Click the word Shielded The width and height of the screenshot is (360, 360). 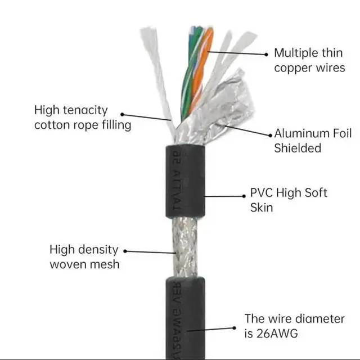(297, 148)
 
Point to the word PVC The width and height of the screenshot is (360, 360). (262, 193)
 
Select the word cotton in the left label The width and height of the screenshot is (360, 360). (52, 124)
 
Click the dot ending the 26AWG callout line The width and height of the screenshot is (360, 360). (235, 327)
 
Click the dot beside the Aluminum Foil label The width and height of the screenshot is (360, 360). (269, 135)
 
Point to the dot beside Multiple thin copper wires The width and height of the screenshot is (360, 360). (267, 55)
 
